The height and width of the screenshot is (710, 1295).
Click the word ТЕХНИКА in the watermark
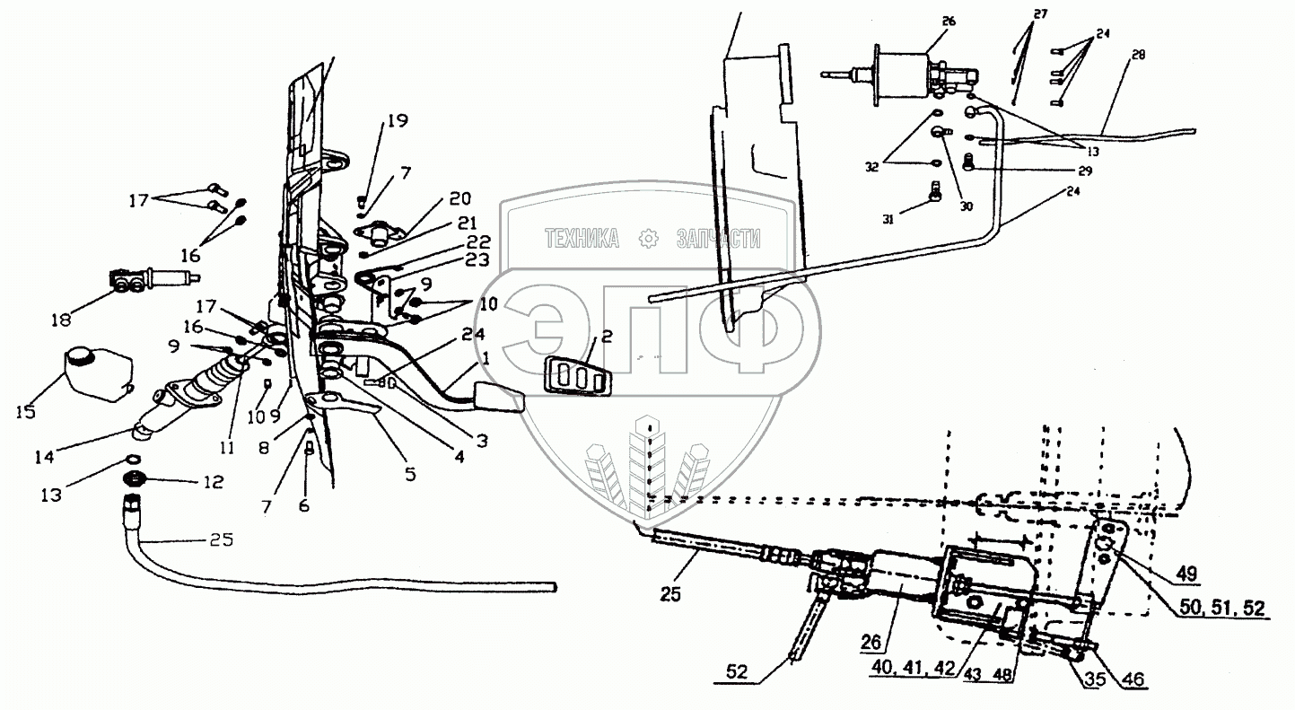pyautogui.click(x=582, y=239)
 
